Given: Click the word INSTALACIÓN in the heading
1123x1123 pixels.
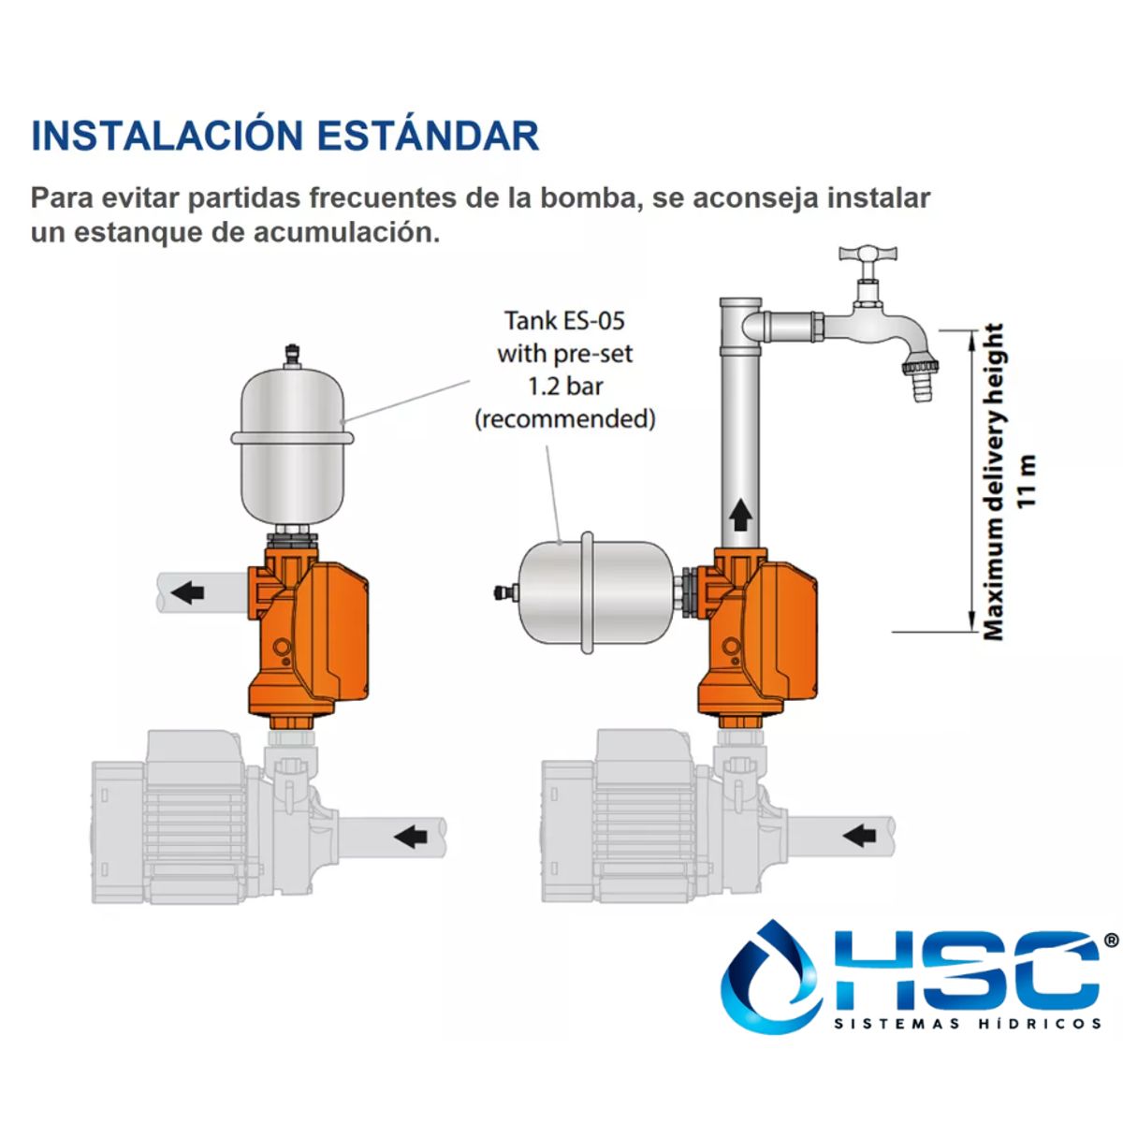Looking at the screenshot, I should click(165, 136).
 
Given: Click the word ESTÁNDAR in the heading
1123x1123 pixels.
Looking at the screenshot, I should click(428, 136).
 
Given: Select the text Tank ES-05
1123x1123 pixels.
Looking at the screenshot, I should click(564, 321).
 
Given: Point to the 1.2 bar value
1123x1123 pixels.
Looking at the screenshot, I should click(564, 386).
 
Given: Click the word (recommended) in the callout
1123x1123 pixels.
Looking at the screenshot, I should click(564, 418).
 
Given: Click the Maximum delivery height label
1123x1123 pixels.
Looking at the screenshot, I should click(993, 481).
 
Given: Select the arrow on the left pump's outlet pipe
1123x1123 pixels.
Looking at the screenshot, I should click(188, 591).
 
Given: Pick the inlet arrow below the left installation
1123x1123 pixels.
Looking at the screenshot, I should click(410, 835).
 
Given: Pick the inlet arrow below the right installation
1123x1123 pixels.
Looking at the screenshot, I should click(859, 835).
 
